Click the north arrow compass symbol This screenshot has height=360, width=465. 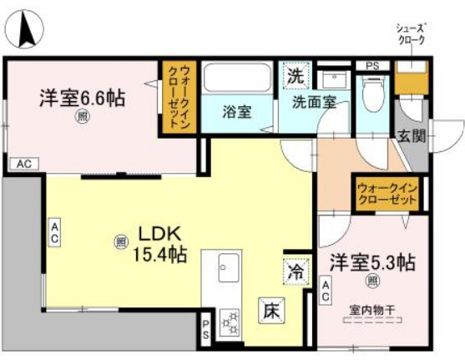coord(25,29)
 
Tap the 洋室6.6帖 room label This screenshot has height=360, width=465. coord(83,98)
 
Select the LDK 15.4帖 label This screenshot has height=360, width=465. coord(159,244)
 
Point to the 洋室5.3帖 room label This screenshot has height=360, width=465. coord(372,262)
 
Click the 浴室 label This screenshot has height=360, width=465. coord(237,112)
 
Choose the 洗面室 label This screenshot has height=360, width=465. coord(315,102)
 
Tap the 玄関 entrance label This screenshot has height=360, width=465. coord(412,136)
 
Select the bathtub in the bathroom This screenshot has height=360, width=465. coord(237,78)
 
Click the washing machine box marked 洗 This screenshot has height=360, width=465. coord(296,75)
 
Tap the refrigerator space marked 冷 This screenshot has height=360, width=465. coord(296,271)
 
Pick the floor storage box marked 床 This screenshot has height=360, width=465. coord(271,311)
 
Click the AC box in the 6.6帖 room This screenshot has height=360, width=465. coord(24,164)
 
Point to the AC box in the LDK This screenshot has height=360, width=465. coord(54,232)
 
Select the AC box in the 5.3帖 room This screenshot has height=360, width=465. coord(326,291)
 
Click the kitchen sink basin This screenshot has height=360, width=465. coord(229,267)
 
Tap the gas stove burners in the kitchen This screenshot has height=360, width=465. coord(230,323)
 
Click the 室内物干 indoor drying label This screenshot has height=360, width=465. coord(372,310)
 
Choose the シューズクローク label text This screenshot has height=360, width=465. coord(412,34)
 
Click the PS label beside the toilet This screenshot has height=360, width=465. coord(372,66)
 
